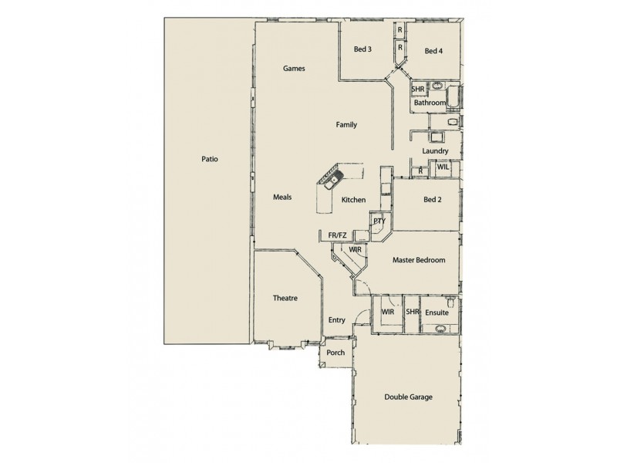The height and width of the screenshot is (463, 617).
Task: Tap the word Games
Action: [294, 69]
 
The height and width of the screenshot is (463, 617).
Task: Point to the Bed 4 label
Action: [433, 52]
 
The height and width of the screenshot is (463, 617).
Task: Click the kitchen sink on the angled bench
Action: [330, 183]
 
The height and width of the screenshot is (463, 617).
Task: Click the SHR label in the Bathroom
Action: [417, 90]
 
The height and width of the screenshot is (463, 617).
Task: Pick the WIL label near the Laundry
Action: [443, 167]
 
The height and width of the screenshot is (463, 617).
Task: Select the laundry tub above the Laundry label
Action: [438, 138]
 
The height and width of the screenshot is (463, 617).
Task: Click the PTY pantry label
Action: [379, 221]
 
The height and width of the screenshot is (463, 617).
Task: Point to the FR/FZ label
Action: [337, 235]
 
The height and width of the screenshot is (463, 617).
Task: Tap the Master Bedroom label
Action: [419, 261]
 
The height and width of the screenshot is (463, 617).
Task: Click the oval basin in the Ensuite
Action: [440, 327]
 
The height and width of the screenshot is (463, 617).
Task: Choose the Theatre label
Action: [285, 298]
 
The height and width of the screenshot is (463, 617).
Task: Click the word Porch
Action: [335, 353]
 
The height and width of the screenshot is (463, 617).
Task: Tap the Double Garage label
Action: [409, 397]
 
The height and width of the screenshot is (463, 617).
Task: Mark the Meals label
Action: [282, 198]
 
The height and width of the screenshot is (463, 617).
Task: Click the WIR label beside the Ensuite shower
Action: [387, 313]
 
